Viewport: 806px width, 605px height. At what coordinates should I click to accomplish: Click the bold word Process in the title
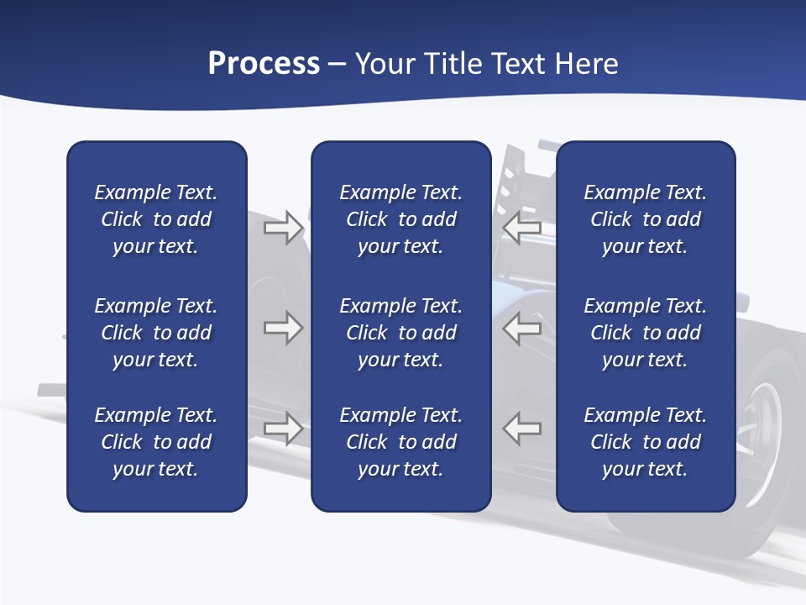264,64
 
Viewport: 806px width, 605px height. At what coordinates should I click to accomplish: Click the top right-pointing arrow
283,228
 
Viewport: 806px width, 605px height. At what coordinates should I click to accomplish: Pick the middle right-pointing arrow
283,328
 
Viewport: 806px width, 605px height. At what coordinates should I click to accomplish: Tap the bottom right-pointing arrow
283,429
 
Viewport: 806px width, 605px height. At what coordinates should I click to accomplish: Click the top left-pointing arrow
522,228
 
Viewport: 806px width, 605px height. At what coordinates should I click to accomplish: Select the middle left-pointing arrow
522,328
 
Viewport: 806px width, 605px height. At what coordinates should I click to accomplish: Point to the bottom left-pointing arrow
522,429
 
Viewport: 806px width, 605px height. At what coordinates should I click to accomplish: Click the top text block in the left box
156,219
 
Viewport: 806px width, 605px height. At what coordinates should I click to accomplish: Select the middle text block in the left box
156,333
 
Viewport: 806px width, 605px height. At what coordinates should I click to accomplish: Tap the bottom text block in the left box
156,442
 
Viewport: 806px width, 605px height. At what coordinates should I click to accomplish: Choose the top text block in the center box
400,219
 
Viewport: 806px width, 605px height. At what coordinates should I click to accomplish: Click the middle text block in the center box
400,333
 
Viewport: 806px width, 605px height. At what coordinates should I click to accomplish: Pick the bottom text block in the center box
400,442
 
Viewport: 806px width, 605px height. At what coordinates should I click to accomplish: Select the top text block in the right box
645,219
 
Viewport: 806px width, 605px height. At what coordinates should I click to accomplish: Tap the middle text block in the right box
645,333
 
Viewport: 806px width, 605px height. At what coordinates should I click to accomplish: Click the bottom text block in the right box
645,442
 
